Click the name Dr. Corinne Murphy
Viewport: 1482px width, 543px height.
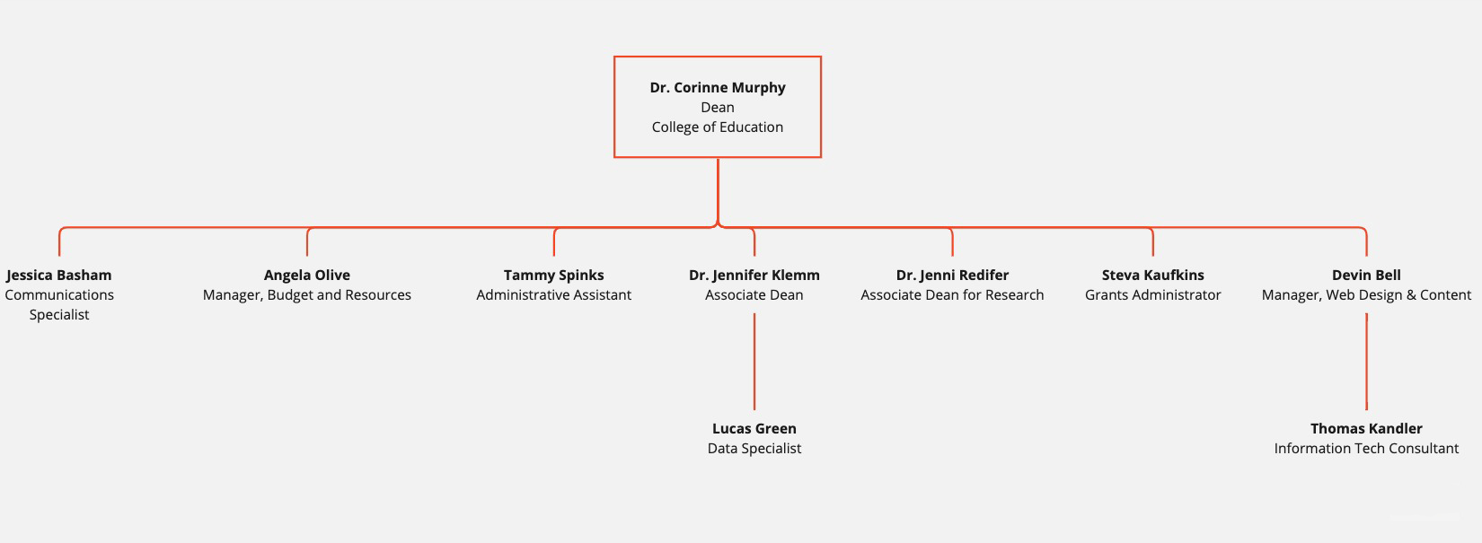coord(718,88)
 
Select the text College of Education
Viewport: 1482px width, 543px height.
coord(718,127)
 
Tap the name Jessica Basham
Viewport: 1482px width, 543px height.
coord(59,276)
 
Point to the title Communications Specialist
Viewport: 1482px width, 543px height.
coord(59,304)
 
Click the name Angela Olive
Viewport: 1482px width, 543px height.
coord(307,276)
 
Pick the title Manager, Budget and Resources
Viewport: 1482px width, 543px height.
coord(307,295)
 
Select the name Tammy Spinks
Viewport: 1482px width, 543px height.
coord(554,276)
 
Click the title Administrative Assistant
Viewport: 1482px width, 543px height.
coord(554,295)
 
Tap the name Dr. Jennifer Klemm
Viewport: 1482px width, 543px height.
coord(754,276)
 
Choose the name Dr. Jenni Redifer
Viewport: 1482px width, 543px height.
coord(952,276)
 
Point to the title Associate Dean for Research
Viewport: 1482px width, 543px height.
coord(952,295)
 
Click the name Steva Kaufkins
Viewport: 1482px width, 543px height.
coord(1153,276)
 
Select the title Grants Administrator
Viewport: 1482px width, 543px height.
coord(1153,295)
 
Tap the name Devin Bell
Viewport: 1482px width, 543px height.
coord(1366,276)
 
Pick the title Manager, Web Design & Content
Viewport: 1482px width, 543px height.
coord(1366,295)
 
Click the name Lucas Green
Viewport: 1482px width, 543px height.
coord(754,429)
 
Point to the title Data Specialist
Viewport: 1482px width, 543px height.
coord(754,449)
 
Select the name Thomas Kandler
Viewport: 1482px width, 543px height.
coord(1366,429)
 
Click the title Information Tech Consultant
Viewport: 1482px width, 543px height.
coord(1366,449)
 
